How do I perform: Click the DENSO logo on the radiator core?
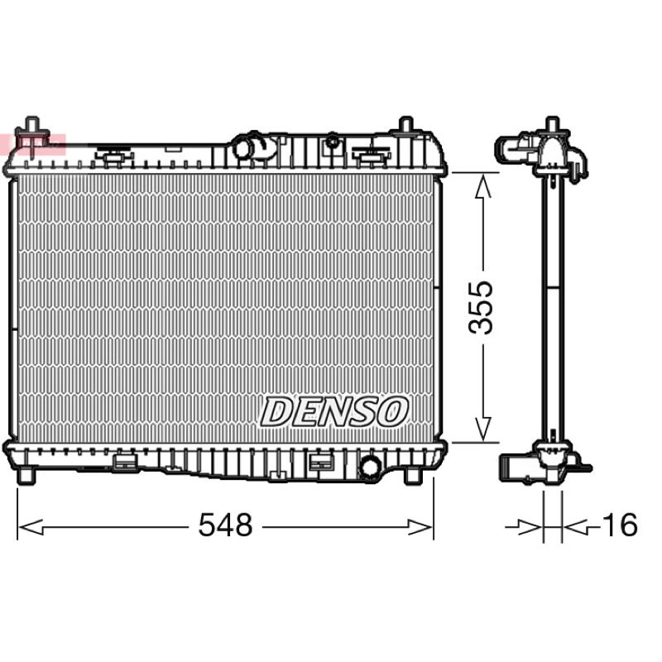pyautogui.click(x=334, y=411)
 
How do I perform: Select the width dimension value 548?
pyautogui.click(x=225, y=525)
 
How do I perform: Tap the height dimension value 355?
pyautogui.click(x=481, y=307)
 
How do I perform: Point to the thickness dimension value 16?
pyautogui.click(x=621, y=525)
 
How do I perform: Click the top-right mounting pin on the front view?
pyautogui.click(x=405, y=125)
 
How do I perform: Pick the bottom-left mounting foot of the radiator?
pyautogui.click(x=26, y=474)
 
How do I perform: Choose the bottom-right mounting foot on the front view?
pyautogui.click(x=413, y=475)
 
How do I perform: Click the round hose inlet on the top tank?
pyautogui.click(x=245, y=148)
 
